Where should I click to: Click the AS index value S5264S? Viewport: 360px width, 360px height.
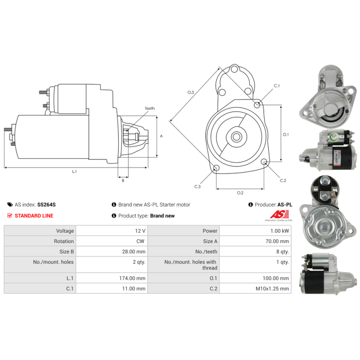[46, 205]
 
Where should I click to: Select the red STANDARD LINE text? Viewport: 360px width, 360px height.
[34, 216]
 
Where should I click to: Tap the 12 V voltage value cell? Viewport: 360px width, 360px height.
[112, 231]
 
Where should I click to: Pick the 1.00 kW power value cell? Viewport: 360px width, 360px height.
[255, 231]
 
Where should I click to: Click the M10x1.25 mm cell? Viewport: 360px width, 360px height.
[255, 288]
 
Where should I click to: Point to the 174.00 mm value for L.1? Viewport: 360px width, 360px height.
[132, 278]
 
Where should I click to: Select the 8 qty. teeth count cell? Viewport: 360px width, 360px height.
[255, 252]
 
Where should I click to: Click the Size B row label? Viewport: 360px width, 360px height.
[67, 252]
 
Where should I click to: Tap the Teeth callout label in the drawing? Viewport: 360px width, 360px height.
[150, 108]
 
